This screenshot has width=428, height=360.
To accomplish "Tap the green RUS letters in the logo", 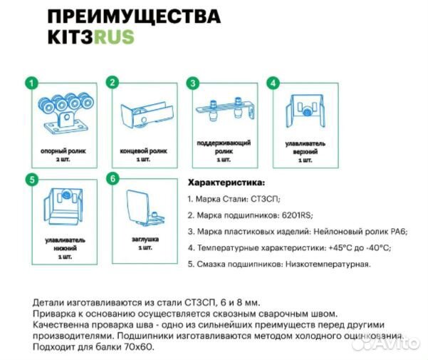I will pyautogui.click(x=115, y=36).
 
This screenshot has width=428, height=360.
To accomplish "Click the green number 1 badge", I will pyautogui.click(x=29, y=83).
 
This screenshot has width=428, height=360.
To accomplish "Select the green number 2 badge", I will pyautogui.click(x=112, y=83).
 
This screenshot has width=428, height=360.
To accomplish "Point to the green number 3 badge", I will pyautogui.click(x=192, y=83).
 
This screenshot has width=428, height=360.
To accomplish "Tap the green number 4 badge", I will pyautogui.click(x=272, y=83).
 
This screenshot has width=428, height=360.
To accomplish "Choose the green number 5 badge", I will pyautogui.click(x=29, y=180).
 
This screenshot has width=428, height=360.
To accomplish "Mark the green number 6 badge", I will pyautogui.click(x=112, y=180).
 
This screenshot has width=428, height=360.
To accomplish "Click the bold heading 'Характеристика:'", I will pyautogui.click(x=226, y=182).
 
